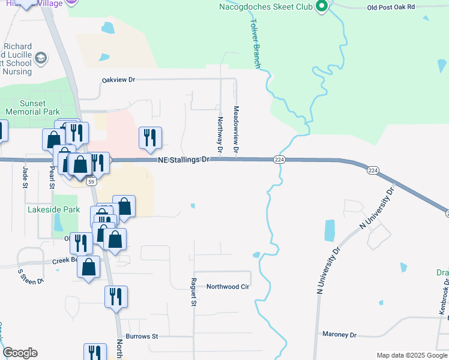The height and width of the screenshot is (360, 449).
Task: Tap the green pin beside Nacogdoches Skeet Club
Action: click(321, 7)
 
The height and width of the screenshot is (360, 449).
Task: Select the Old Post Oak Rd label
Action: click(391, 7)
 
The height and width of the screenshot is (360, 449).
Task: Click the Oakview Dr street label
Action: click(119, 79)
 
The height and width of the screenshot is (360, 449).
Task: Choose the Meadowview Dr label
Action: click(236, 129)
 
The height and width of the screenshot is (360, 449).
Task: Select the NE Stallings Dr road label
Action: click(184, 160)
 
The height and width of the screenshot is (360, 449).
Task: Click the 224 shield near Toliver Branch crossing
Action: click(279, 160)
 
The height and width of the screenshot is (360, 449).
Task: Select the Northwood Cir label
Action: click(228, 287)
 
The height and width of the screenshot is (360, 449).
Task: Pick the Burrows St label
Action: click(142, 337)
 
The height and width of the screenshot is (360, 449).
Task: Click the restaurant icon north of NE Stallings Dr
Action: click(149, 137)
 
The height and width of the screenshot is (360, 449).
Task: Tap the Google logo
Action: click(20, 353)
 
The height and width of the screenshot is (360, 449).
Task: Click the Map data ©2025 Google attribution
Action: click(411, 355)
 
